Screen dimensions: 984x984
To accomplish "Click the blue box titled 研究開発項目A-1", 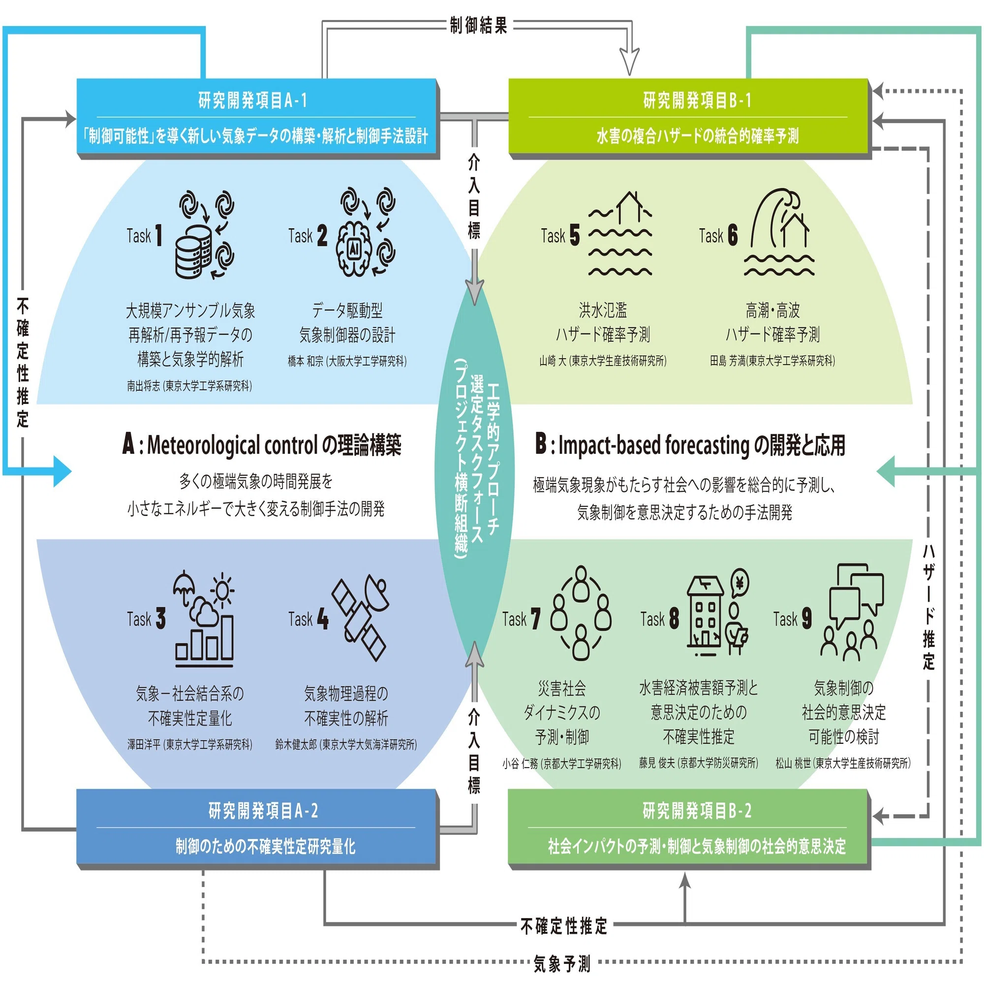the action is [258, 118].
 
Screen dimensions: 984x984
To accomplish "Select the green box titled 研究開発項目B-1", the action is [690, 118].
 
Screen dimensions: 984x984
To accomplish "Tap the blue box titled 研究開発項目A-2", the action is [258, 829].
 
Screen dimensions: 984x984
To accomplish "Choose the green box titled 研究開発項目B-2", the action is [690, 829].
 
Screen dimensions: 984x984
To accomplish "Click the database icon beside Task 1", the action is [193, 252].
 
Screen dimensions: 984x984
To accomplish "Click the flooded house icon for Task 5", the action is [620, 234].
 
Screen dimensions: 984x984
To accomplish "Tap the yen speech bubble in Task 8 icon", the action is [740, 583].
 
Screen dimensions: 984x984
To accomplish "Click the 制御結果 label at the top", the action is [478, 25].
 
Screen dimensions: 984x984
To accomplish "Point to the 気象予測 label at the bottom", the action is [562, 963].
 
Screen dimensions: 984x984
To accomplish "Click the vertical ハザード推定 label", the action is [928, 607].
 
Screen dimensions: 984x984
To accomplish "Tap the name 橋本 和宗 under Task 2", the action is [305, 361].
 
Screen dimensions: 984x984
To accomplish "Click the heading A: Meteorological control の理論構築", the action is [262, 444].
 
